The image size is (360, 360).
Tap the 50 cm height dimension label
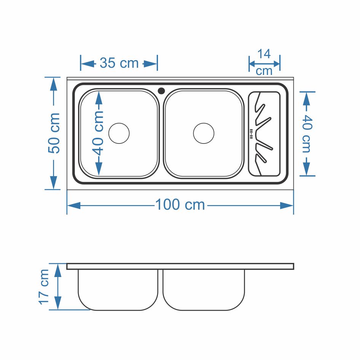tap(54, 133)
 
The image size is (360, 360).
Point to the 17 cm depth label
tap(44, 287)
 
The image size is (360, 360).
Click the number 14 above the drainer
tap(264, 54)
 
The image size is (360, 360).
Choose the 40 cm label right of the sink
tap(307, 134)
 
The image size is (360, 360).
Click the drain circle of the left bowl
tap(119, 134)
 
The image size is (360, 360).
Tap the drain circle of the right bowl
tap(204, 134)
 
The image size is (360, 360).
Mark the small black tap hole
tap(161, 91)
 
